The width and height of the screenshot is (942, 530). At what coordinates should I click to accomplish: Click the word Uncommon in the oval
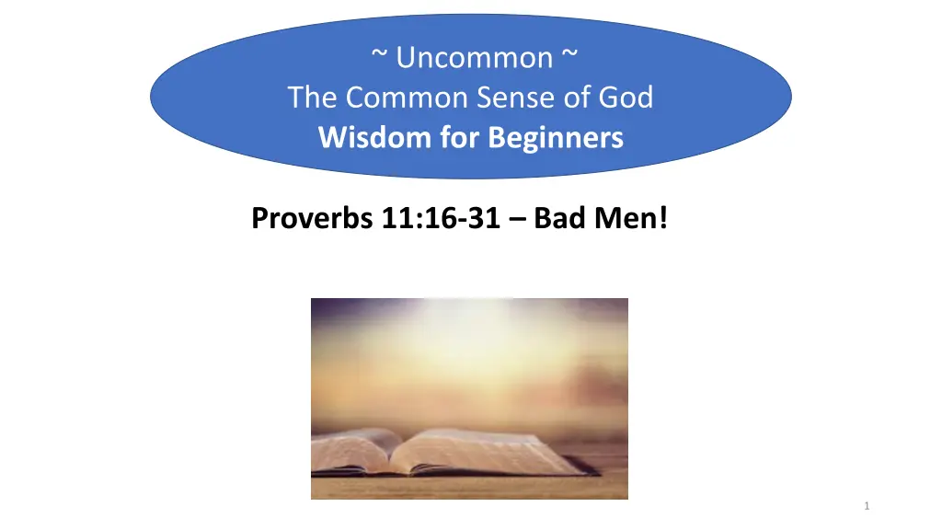(475, 58)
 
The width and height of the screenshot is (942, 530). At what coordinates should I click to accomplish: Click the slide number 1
(867, 507)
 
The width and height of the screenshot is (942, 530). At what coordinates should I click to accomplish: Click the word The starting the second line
(312, 98)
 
